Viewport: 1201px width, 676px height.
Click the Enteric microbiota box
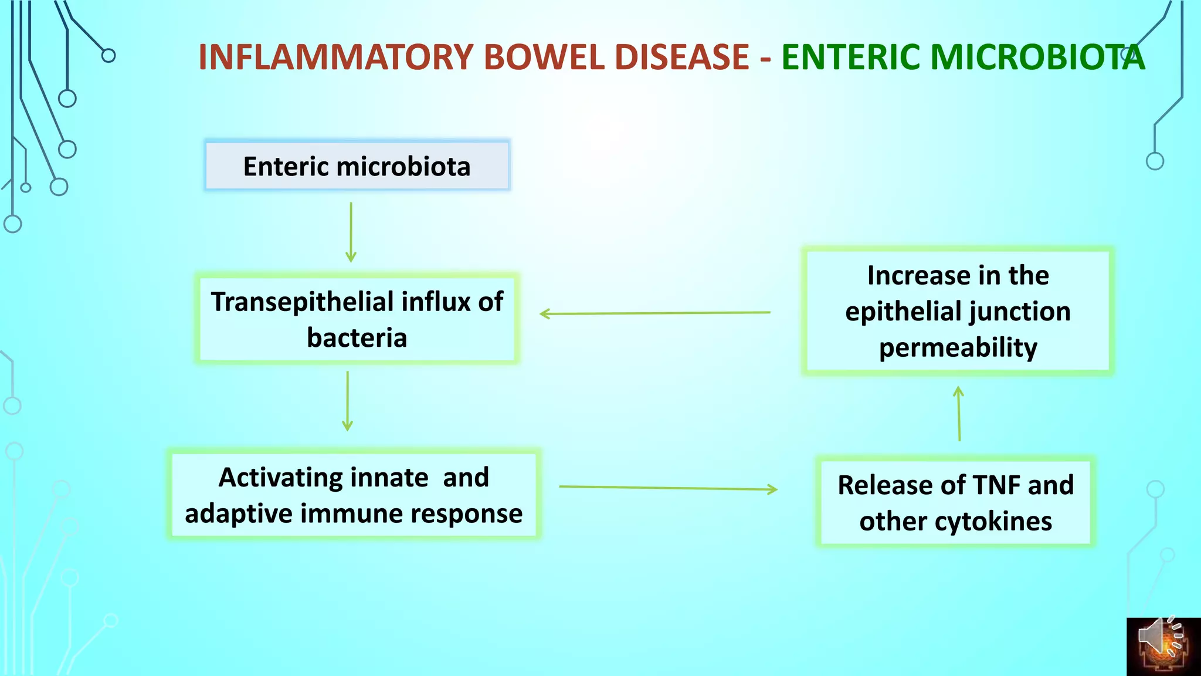coord(357,166)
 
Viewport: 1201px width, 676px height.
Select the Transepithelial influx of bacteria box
coord(357,319)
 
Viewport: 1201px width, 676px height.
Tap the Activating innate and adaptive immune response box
coord(354,495)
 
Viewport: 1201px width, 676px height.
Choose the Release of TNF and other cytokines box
coord(955,502)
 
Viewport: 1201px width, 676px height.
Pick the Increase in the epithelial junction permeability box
coord(958,311)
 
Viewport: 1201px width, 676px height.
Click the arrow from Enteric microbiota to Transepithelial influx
coord(351,232)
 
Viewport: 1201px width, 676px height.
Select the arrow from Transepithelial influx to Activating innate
coord(347,401)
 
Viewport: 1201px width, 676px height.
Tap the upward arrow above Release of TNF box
coord(959,413)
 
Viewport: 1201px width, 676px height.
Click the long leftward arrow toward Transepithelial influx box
coord(654,313)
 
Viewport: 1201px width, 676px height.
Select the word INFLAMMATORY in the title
coord(335,58)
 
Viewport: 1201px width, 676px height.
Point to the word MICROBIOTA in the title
coord(1037,58)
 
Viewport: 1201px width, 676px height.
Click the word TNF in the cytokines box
coord(996,485)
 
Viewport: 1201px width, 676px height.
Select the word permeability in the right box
coord(958,347)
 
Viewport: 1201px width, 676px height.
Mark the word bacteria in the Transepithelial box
coord(357,337)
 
